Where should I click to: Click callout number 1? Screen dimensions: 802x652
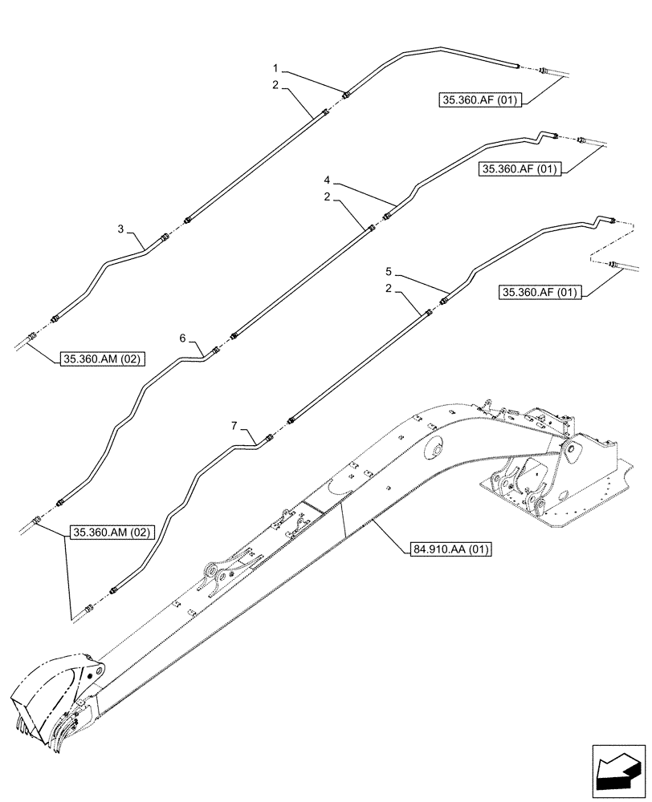275,71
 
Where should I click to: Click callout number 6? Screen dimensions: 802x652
184,339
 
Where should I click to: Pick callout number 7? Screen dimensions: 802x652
234,425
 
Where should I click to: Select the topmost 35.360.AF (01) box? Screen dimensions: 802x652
480,100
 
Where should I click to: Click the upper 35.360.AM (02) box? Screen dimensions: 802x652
101,359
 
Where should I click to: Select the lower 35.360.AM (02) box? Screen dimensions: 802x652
111,532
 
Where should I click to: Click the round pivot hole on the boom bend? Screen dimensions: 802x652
435,450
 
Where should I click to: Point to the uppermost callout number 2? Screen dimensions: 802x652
275,84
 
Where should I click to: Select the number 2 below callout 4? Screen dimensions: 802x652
327,196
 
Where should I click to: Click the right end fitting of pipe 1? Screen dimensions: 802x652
517,66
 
